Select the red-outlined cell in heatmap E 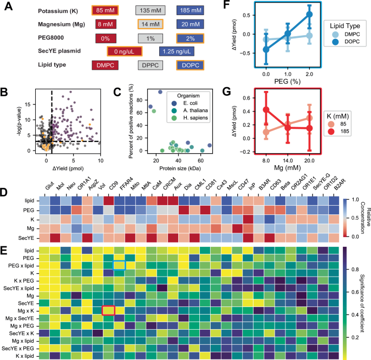[108, 310]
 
